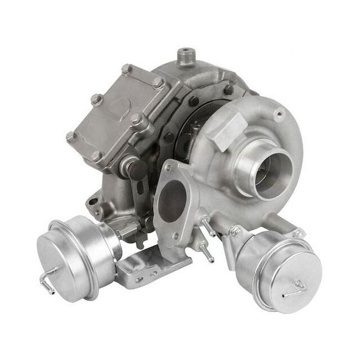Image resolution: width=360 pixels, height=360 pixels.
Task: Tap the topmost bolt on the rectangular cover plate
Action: (x=127, y=69)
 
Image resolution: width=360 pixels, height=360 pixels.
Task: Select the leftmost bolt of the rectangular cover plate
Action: (x=71, y=136)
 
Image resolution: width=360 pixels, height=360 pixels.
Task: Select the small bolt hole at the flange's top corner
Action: (x=167, y=167)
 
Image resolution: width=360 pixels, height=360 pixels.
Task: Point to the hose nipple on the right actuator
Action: (x=294, y=289)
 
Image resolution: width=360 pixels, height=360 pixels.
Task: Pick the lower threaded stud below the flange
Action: (x=203, y=250)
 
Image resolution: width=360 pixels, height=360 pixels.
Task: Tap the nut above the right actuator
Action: (x=235, y=231)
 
